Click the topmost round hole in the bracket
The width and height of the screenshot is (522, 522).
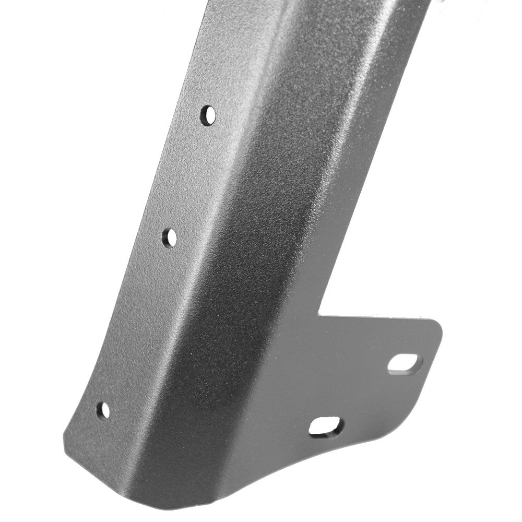tap(208, 114)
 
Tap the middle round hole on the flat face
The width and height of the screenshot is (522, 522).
tap(170, 238)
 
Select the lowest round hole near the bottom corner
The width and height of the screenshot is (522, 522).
tap(104, 410)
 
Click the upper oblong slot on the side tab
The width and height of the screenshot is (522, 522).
tap(402, 363)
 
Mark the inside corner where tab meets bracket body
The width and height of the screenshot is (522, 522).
tap(319, 315)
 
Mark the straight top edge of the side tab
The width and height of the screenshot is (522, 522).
tap(376, 317)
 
